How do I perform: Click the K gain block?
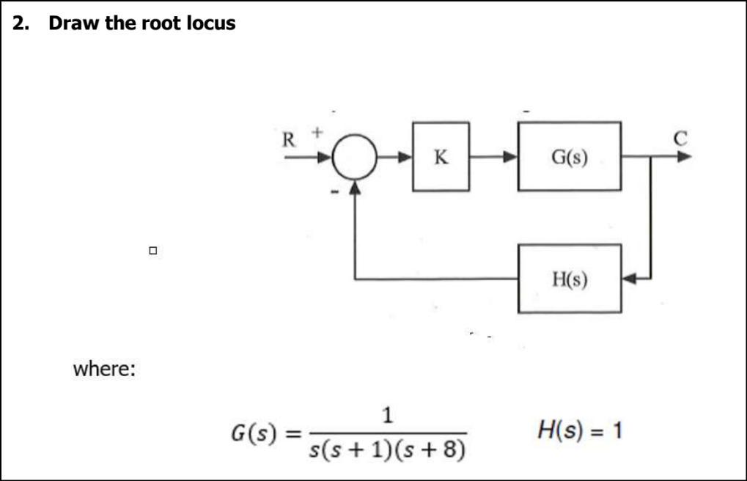pyautogui.click(x=441, y=157)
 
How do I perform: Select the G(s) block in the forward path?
pyautogui.click(x=569, y=157)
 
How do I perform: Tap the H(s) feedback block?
pyautogui.click(x=569, y=279)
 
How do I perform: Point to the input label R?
pyautogui.click(x=290, y=139)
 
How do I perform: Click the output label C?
pyautogui.click(x=681, y=138)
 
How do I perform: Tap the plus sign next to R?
pyautogui.click(x=317, y=133)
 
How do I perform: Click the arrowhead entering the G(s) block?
pyautogui.click(x=510, y=157)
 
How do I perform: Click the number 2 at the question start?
pyautogui.click(x=21, y=23)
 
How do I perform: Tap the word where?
pyautogui.click(x=103, y=368)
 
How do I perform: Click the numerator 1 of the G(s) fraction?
pyautogui.click(x=388, y=416)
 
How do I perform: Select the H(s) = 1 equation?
pyautogui.click(x=580, y=430)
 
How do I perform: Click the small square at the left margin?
pyautogui.click(x=152, y=251)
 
